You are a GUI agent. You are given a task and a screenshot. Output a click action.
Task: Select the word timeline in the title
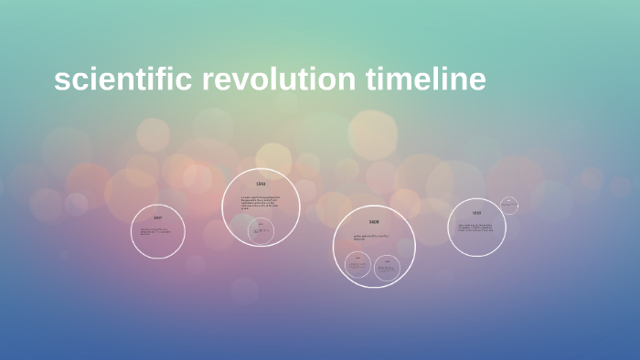tap(426, 79)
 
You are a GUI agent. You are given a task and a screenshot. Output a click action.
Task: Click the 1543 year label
tap(261, 185)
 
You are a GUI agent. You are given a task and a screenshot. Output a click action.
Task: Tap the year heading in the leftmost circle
tap(157, 217)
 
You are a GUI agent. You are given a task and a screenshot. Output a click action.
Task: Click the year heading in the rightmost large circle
tap(476, 214)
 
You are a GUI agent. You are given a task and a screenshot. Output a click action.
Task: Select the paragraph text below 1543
tap(261, 204)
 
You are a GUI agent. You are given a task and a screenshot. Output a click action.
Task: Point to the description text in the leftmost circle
tap(157, 230)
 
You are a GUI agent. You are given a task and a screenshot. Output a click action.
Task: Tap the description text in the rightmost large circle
tap(476, 227)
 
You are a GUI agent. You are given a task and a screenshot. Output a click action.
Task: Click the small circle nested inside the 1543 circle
tap(262, 230)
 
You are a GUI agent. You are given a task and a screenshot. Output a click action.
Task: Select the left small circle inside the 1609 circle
tap(357, 266)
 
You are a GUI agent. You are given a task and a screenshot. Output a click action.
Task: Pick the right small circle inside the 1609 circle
tap(387, 267)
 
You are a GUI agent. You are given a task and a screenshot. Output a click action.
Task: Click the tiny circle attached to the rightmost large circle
tap(509, 206)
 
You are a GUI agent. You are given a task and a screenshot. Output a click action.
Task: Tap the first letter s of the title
tap(61, 81)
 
